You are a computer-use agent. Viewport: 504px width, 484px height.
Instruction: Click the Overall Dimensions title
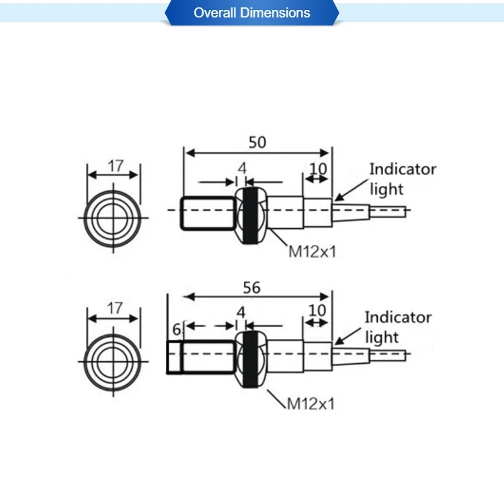pyautogui.click(x=252, y=13)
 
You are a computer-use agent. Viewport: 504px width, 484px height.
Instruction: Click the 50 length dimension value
pyautogui.click(x=257, y=142)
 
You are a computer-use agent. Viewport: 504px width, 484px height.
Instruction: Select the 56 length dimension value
pyautogui.click(x=251, y=287)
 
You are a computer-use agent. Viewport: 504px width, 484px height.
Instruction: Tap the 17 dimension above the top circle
pyautogui.click(x=115, y=165)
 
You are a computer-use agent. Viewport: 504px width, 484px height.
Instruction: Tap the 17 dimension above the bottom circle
pyautogui.click(x=115, y=308)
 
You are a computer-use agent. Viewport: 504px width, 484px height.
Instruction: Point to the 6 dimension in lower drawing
pyautogui.click(x=177, y=330)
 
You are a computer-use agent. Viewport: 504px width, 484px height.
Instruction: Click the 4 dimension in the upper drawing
pyautogui.click(x=242, y=168)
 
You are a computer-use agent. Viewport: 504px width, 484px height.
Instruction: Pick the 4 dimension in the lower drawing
pyautogui.click(x=241, y=312)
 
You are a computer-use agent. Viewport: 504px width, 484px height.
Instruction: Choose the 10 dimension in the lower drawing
pyautogui.click(x=317, y=310)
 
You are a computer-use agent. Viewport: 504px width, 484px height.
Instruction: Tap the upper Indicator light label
pyautogui.click(x=402, y=179)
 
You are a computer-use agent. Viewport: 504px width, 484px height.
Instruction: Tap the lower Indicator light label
pyautogui.click(x=398, y=327)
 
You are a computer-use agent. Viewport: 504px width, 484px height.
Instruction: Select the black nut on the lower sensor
pyautogui.click(x=251, y=357)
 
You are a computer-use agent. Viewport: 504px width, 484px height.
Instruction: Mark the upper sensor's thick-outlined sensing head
pyautogui.click(x=207, y=211)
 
